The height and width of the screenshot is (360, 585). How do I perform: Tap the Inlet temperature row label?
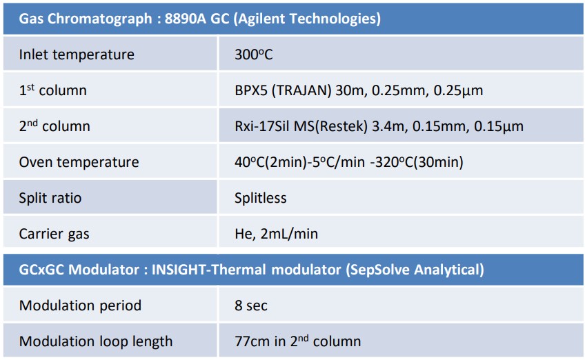pos(77,54)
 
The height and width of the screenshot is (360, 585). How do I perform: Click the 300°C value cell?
pos(254,54)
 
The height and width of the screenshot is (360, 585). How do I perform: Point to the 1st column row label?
pos(52,90)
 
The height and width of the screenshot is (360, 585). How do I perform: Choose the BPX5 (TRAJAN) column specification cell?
pos(359,90)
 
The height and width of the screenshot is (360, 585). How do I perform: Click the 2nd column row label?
pos(54,126)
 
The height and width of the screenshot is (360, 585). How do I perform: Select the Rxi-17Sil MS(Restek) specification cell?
pos(379,126)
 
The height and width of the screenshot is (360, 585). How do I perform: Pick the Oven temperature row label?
pos(79,162)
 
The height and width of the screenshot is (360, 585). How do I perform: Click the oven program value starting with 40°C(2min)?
pos(349,162)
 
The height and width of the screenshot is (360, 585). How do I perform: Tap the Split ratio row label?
pos(50,198)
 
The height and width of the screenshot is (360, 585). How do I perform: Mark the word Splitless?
pos(260,198)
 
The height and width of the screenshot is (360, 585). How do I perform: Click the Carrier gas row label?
pos(54,234)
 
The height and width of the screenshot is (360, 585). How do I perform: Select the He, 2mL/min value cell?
pos(276,234)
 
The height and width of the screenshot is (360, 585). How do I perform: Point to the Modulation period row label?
pos(80,306)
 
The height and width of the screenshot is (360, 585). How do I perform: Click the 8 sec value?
pos(250,306)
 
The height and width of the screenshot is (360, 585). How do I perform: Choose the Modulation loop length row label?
pos(95,341)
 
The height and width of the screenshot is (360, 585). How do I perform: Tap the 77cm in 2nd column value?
pos(298,341)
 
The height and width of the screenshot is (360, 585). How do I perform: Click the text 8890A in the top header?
pos(185,19)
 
